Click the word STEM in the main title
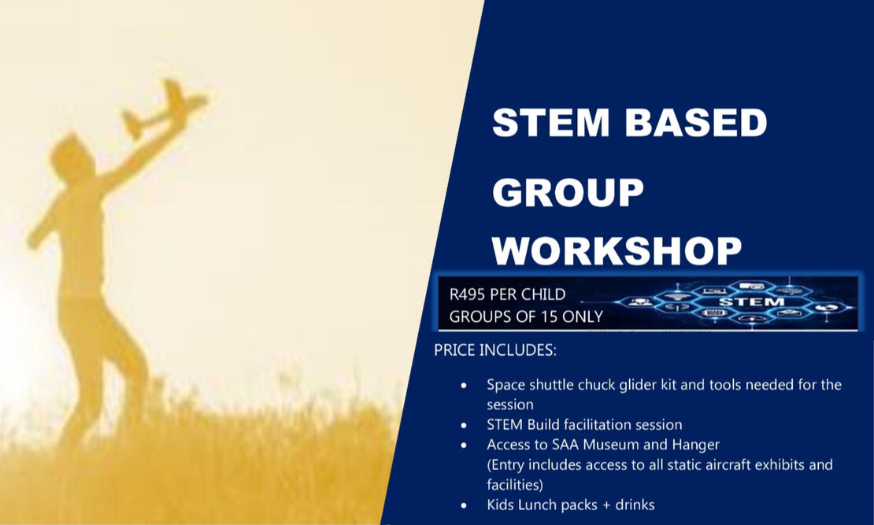tap(550, 122)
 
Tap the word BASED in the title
tap(696, 122)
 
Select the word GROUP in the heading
tap(568, 192)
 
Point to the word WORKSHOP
tap(617, 250)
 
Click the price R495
tap(468, 294)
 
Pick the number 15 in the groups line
tap(550, 316)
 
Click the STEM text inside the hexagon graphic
tap(751, 302)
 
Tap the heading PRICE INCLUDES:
tap(495, 350)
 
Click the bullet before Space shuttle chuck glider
tap(464, 385)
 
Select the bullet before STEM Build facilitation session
tap(464, 425)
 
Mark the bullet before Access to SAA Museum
tap(464, 446)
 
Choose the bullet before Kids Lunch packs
tap(464, 505)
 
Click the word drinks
tap(635, 505)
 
